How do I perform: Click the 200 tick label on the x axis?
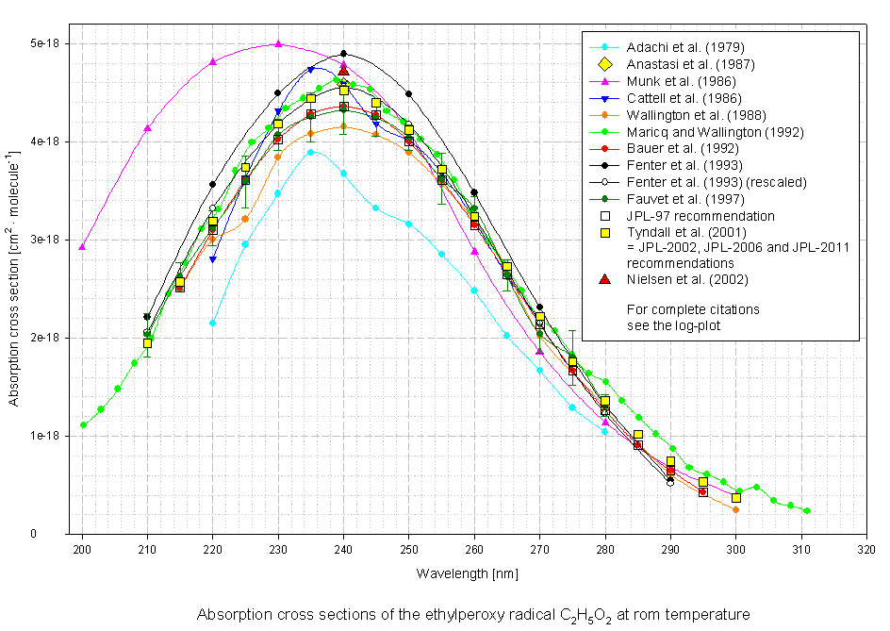82,548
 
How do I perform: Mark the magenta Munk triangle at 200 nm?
82,246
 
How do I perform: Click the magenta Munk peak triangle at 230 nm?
278,43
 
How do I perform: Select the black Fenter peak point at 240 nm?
344,54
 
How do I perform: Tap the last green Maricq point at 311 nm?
807,511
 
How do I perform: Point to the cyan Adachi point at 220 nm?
212,323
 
